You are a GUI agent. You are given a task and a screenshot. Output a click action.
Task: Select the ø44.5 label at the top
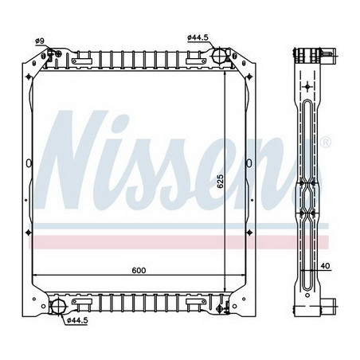click(x=198, y=37)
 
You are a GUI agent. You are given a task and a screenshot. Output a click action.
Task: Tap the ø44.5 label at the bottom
click(x=76, y=320)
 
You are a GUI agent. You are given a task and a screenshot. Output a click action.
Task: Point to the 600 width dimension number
click(x=140, y=271)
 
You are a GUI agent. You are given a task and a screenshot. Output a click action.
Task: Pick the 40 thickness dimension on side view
click(x=325, y=266)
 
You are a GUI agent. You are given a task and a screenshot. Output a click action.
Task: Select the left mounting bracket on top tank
click(x=82, y=60)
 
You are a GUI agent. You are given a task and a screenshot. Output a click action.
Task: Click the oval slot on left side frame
click(x=29, y=165)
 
